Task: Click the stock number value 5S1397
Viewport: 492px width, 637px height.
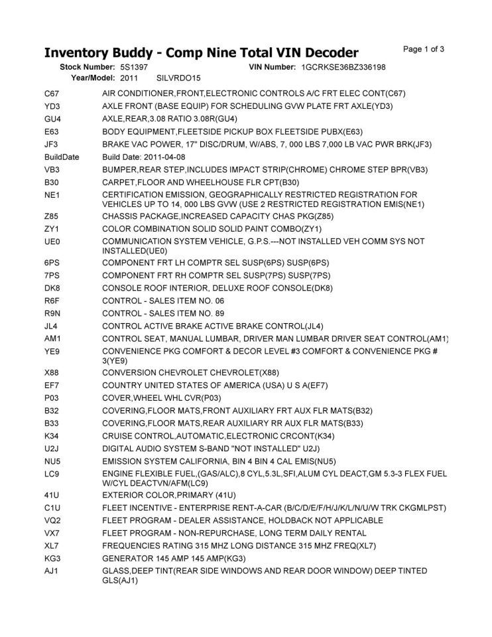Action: click(x=134, y=68)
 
